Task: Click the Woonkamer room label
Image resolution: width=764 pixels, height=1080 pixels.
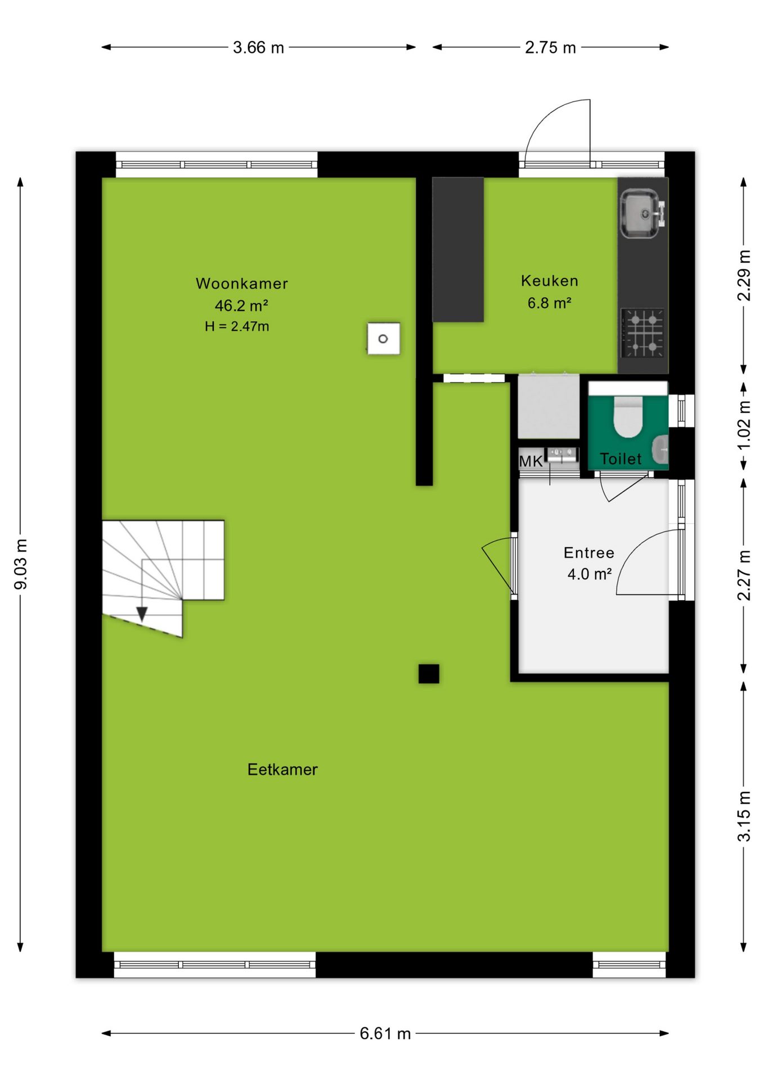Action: coord(242,283)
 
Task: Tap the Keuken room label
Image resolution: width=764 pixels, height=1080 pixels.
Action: coord(550,281)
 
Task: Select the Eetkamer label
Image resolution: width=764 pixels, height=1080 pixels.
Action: coord(282,769)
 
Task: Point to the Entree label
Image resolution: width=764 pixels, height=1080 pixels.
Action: coord(589,552)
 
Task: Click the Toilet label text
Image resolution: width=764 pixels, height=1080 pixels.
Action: coord(621,459)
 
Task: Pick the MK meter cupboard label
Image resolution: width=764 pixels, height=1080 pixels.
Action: coord(531,461)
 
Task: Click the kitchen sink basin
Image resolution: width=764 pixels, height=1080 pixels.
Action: coord(640,213)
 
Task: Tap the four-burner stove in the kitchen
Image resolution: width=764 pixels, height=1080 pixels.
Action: coord(642,333)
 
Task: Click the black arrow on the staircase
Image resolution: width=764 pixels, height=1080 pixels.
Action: coord(142,614)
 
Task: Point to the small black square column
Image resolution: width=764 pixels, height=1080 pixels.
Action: coord(429,674)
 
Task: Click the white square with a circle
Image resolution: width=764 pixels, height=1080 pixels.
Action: coord(384,339)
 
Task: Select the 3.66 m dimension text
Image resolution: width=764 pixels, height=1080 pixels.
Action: coord(258,47)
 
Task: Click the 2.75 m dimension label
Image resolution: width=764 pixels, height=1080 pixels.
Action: coord(551,47)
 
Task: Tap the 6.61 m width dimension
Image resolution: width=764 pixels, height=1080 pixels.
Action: coord(385,1033)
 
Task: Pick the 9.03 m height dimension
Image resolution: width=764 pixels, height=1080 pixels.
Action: coord(21,565)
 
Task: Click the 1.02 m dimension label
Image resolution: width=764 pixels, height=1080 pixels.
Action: coord(744,425)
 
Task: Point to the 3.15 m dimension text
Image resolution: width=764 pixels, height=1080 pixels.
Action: coord(744,816)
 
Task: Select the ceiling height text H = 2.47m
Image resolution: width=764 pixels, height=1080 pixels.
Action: coord(237,326)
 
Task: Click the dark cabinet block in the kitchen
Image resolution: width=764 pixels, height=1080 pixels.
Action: coord(458,250)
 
